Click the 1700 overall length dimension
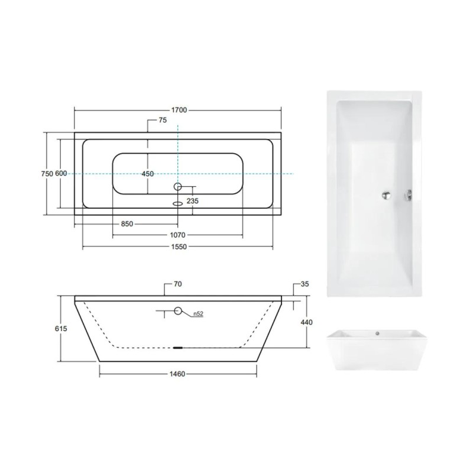pyautogui.click(x=179, y=110)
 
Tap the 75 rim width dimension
pyautogui.click(x=163, y=120)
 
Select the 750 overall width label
pyautogui.click(x=47, y=173)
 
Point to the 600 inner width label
pyautogui.click(x=61, y=173)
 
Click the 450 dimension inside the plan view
pyautogui.click(x=148, y=174)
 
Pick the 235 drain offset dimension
pyautogui.click(x=193, y=201)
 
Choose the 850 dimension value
pyautogui.click(x=127, y=224)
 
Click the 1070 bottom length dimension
pyautogui.click(x=178, y=235)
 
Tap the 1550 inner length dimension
pyautogui.click(x=179, y=247)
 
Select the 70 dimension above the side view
pyautogui.click(x=178, y=284)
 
